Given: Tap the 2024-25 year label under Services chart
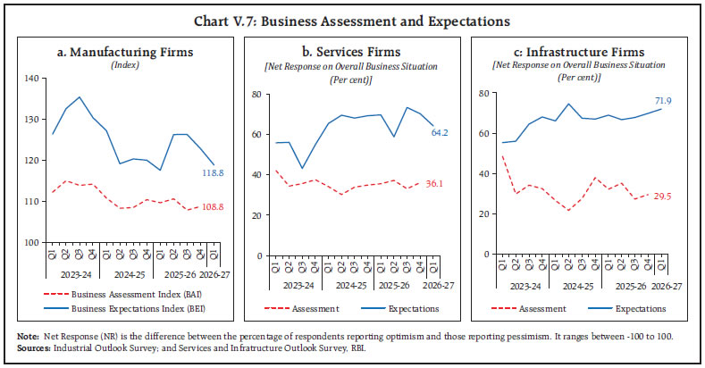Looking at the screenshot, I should click(354, 284).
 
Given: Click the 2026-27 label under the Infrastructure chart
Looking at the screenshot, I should click(666, 284).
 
